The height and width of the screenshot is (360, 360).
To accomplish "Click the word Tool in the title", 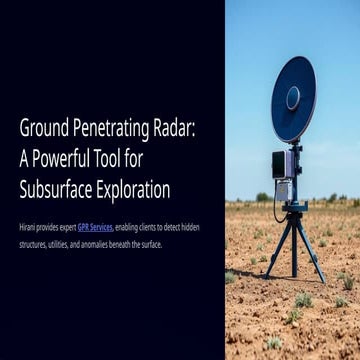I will click(x=133, y=158).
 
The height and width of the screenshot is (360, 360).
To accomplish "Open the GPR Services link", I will click(x=95, y=227).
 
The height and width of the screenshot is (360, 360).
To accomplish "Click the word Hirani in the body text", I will click(x=29, y=227).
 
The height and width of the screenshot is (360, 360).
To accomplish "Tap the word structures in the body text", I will click(x=35, y=243).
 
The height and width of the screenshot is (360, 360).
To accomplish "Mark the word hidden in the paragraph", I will click(x=188, y=227).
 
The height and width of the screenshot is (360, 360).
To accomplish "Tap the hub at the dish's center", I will click(x=293, y=98).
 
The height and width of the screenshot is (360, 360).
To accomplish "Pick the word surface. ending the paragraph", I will click(x=150, y=243).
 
